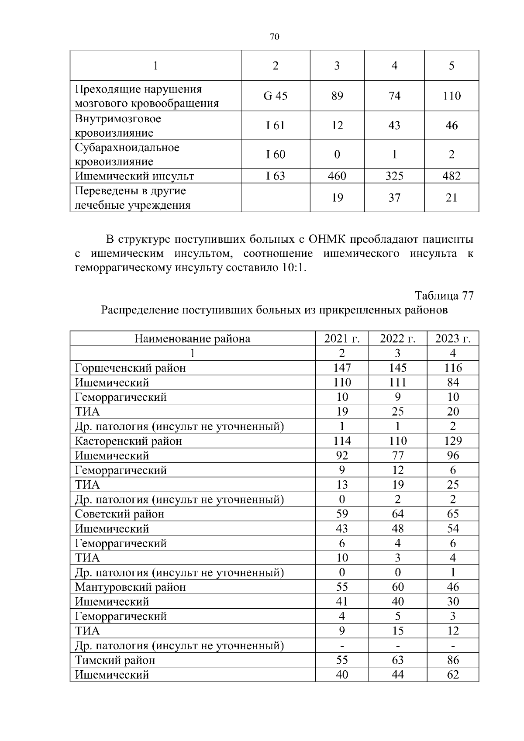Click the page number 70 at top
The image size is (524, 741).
point(274,37)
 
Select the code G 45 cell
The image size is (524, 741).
point(275,96)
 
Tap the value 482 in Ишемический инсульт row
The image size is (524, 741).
point(451,176)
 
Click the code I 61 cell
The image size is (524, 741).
point(275,126)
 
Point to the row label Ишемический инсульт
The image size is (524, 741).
point(134,176)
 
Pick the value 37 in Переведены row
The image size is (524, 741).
point(394,198)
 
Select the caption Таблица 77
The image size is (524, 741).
point(444,296)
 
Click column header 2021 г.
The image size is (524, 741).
point(341,339)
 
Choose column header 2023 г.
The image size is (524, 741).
point(452,339)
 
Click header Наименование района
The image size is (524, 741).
point(192,339)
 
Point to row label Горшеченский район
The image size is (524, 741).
point(130,368)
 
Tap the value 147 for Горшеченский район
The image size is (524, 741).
point(341,368)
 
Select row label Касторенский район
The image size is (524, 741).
point(128,441)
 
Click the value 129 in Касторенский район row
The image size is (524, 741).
point(452,441)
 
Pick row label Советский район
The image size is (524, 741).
point(119,514)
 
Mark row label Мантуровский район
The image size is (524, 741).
point(130,587)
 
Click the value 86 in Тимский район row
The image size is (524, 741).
point(452,660)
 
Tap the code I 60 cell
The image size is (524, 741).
point(275,155)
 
